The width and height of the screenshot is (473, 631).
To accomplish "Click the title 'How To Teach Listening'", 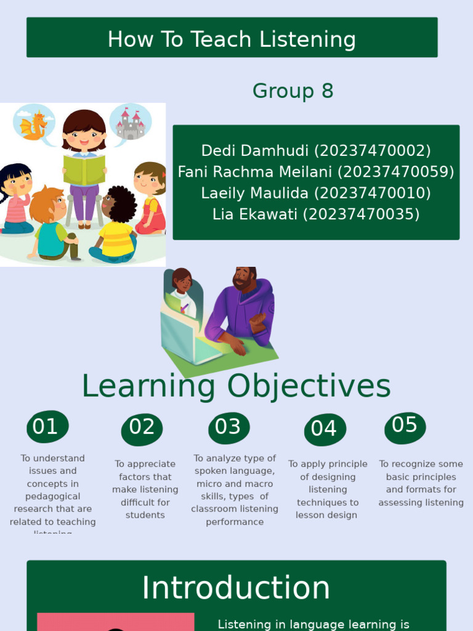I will click(x=232, y=39).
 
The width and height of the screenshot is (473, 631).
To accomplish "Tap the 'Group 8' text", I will click(x=293, y=91).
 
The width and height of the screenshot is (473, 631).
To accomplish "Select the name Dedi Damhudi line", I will click(x=316, y=151).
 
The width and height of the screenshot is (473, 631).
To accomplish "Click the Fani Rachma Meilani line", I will click(x=316, y=172).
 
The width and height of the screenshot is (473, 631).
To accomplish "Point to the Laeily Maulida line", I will click(x=316, y=193).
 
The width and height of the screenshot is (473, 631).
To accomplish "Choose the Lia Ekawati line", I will click(x=316, y=214).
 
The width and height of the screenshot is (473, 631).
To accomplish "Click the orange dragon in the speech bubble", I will click(x=34, y=125).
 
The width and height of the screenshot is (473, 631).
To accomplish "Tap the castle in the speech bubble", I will click(x=131, y=124).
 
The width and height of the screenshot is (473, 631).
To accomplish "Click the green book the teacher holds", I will click(x=84, y=170).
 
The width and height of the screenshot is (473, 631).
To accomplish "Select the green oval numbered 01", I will click(x=47, y=427).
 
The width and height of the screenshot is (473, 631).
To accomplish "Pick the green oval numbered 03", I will click(x=228, y=428).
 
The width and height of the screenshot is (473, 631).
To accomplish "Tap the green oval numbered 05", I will click(x=405, y=426).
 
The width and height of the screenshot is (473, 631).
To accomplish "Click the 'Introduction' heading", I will click(x=236, y=588).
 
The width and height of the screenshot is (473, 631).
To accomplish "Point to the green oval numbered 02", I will click(x=142, y=428).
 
